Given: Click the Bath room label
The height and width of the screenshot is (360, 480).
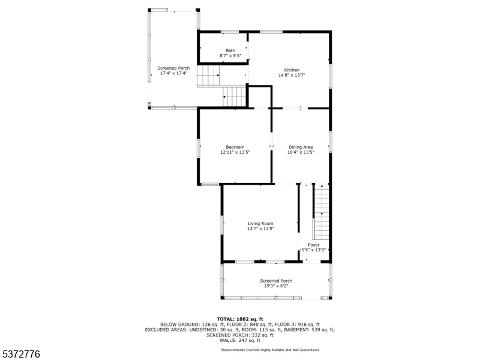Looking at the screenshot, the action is pos(230,50).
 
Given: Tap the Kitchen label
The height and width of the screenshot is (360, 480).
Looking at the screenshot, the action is pos(292,70).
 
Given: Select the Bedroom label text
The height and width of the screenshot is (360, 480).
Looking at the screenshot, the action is pos(235,147).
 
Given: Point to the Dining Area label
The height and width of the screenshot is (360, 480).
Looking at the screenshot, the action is pos(301,147).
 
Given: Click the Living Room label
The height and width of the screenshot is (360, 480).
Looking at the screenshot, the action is pos(260,223).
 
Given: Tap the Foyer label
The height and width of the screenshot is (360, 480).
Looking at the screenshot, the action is pos(313,245).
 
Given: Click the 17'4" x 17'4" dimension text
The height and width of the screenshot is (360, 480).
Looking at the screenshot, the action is pos(173,73).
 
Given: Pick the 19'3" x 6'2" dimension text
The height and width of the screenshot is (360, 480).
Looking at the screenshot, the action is pos(276,286).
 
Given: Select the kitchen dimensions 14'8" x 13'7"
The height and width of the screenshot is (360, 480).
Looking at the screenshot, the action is pos(292,75).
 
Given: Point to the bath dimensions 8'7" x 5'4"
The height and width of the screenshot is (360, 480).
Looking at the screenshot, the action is pos(230,56).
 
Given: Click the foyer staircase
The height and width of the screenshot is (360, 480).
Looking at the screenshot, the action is pos(321,212).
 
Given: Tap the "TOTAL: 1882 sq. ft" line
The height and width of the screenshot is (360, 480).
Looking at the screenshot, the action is pos(240,319).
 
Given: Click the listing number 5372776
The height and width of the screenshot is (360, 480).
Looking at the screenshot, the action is pos(20,354).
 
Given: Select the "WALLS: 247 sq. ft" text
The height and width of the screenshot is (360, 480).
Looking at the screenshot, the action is pos(240,340).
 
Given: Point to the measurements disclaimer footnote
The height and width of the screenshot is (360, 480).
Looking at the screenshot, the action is pos(271,350).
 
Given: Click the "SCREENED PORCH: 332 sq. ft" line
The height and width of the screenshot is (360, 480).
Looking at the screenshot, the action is pos(240,335).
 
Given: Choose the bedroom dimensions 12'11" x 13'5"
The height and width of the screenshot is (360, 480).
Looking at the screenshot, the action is pos(235,152).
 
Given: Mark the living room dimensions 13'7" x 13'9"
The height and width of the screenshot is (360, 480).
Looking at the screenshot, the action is pos(260,229).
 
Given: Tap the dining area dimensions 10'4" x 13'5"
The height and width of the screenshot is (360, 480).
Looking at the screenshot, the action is pos(301,152).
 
